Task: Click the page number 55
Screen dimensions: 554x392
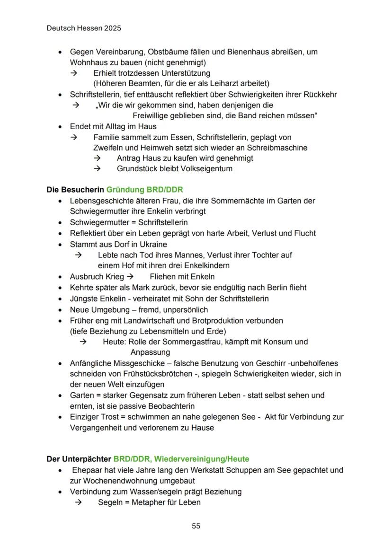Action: (196, 526)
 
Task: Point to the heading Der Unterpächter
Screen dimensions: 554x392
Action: (79, 459)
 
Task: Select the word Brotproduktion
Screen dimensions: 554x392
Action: (213, 320)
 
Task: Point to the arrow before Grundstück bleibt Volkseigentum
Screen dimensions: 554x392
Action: (98, 168)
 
